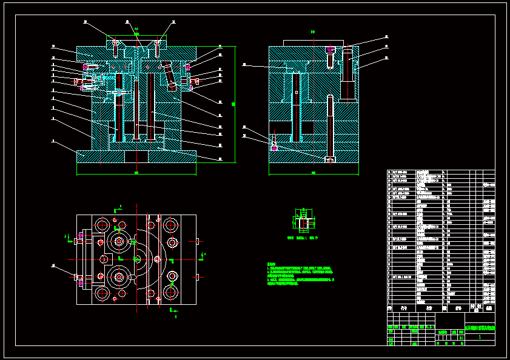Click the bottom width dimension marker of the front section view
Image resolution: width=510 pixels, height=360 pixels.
click(x=136, y=173)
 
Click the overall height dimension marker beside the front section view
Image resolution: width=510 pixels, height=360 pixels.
click(x=233, y=104)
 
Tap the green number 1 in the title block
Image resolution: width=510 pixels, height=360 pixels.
click(x=480, y=337)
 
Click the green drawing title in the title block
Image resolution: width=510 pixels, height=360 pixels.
click(x=480, y=328)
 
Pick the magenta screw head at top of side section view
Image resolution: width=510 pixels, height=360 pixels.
click(x=330, y=48)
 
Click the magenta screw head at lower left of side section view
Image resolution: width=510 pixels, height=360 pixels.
click(x=274, y=147)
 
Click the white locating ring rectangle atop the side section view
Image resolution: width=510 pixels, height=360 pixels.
click(x=314, y=42)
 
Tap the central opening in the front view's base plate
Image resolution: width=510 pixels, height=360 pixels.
click(x=136, y=156)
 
